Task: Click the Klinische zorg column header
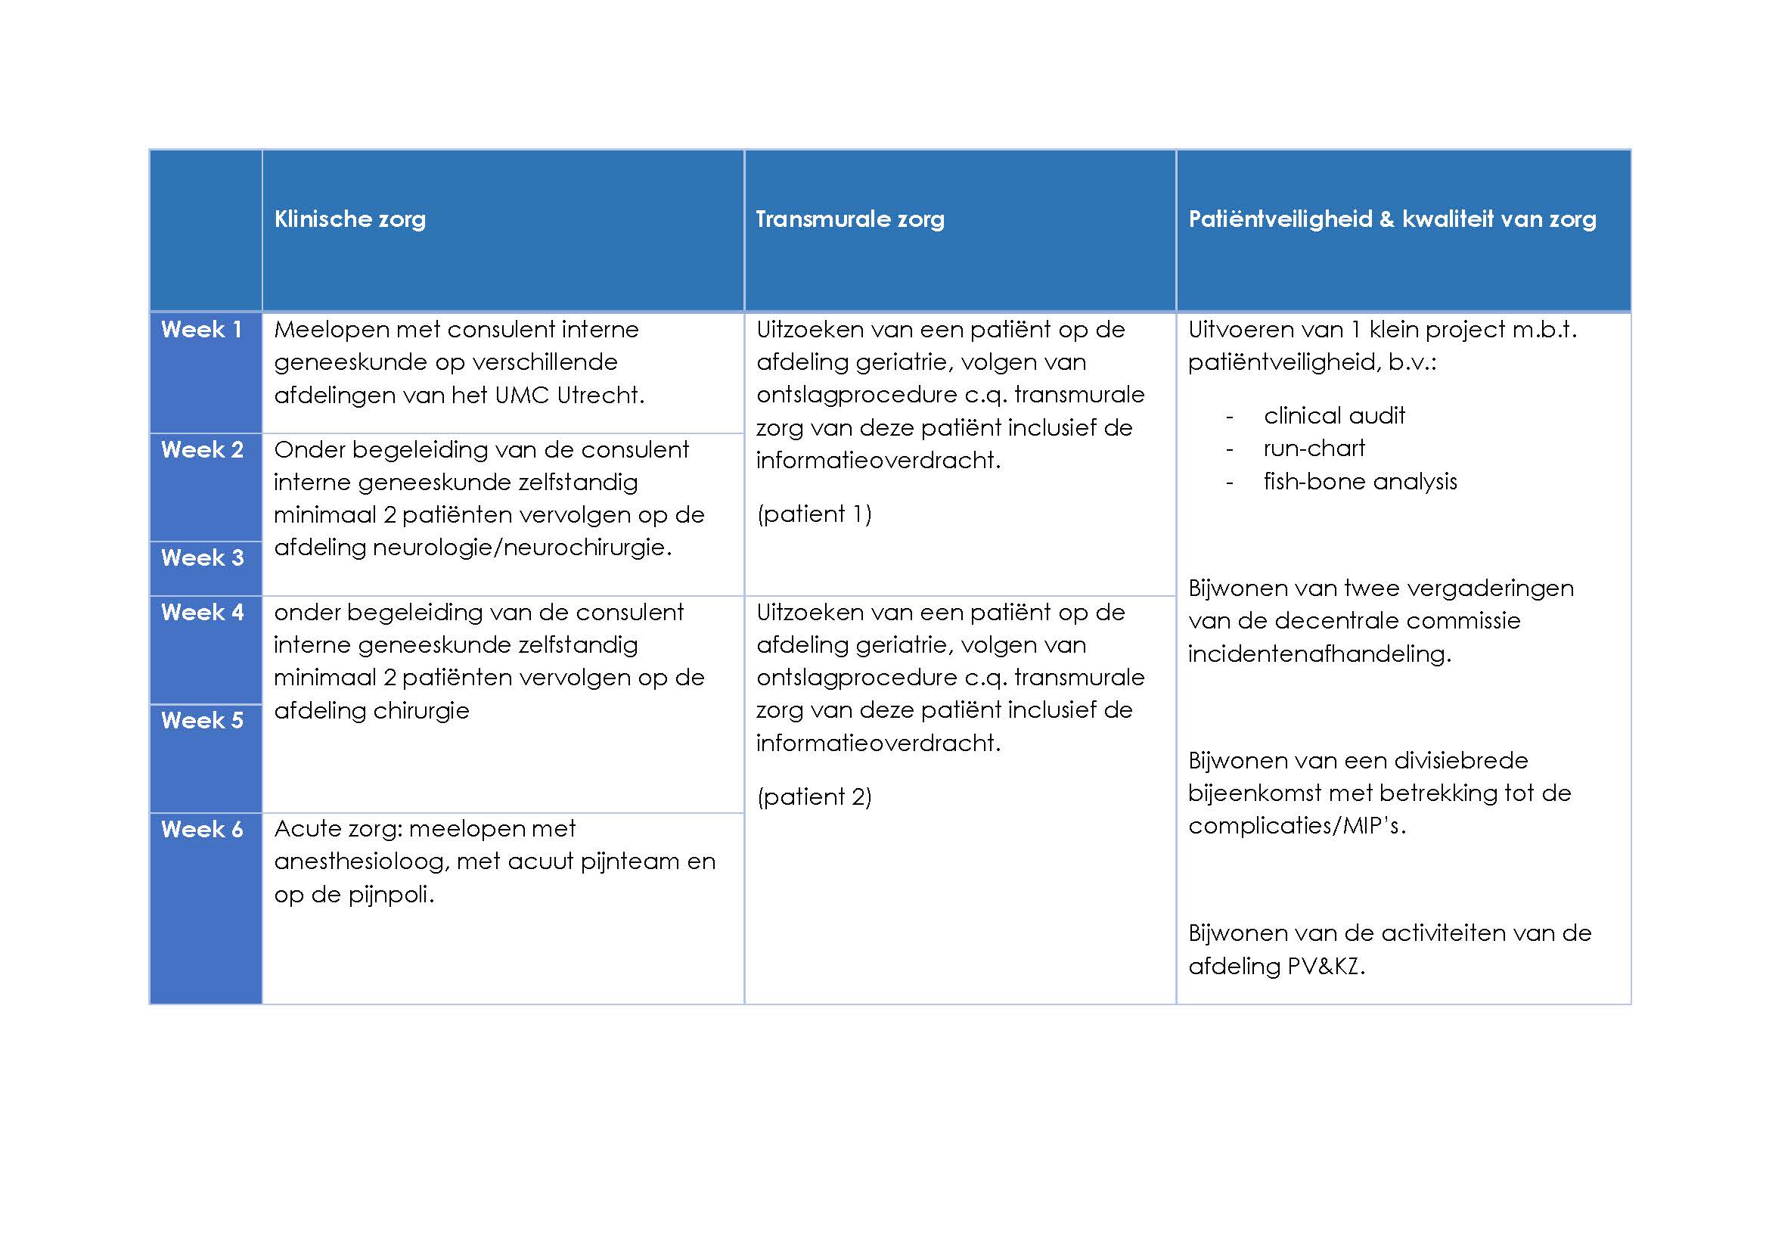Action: click(350, 219)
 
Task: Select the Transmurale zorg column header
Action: click(850, 219)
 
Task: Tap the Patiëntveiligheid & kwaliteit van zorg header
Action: click(1392, 219)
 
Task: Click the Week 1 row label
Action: click(202, 330)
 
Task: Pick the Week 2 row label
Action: click(202, 450)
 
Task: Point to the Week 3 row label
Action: click(202, 557)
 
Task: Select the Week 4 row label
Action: click(202, 613)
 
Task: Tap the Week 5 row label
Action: click(202, 720)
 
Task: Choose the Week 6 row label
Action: click(202, 830)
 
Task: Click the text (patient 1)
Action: click(815, 514)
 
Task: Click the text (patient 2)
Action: click(815, 796)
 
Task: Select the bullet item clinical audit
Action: click(1333, 416)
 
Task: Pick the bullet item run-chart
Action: click(1314, 449)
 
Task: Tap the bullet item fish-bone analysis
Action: click(1360, 482)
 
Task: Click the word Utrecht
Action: click(600, 395)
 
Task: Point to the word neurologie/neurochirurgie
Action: click(522, 548)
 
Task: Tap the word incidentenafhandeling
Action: click(1319, 654)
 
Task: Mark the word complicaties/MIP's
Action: click(1297, 826)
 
